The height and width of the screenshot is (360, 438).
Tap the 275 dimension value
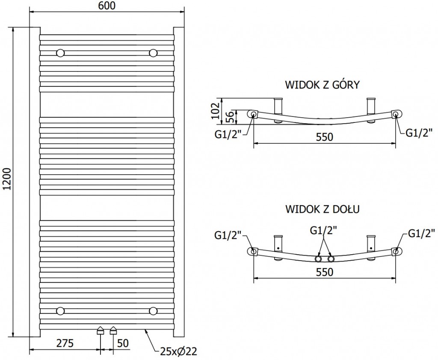[x=65, y=343]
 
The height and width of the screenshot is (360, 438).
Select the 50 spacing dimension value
[x=123, y=343]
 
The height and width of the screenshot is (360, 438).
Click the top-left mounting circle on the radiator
[x=61, y=53]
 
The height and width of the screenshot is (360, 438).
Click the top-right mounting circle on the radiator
[x=153, y=53]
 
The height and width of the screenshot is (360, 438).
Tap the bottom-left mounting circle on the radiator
[x=61, y=310]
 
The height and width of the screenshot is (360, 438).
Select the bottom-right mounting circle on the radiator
[x=153, y=310]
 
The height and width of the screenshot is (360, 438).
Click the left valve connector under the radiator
[x=101, y=330]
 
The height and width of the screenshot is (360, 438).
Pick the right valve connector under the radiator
[x=113, y=330]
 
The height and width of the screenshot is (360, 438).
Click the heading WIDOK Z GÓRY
[x=322, y=85]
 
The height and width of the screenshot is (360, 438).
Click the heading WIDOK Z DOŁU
[x=322, y=209]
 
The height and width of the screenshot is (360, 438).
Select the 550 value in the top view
[x=324, y=137]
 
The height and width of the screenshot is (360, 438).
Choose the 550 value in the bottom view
[x=324, y=272]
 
